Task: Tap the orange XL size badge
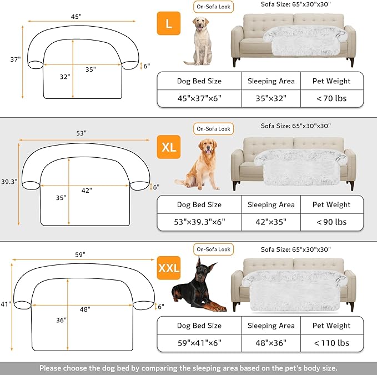169,147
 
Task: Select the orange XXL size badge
169,268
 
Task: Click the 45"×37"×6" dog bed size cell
199,99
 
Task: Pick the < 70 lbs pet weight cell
331,99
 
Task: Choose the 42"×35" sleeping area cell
271,222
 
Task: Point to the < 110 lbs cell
331,343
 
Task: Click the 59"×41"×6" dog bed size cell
199,343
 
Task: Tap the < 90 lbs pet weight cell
331,222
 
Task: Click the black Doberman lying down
199,287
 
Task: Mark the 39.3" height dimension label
8,181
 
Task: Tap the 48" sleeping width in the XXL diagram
84,309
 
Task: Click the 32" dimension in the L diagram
65,77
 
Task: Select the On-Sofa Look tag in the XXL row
213,249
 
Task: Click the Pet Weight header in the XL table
331,204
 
